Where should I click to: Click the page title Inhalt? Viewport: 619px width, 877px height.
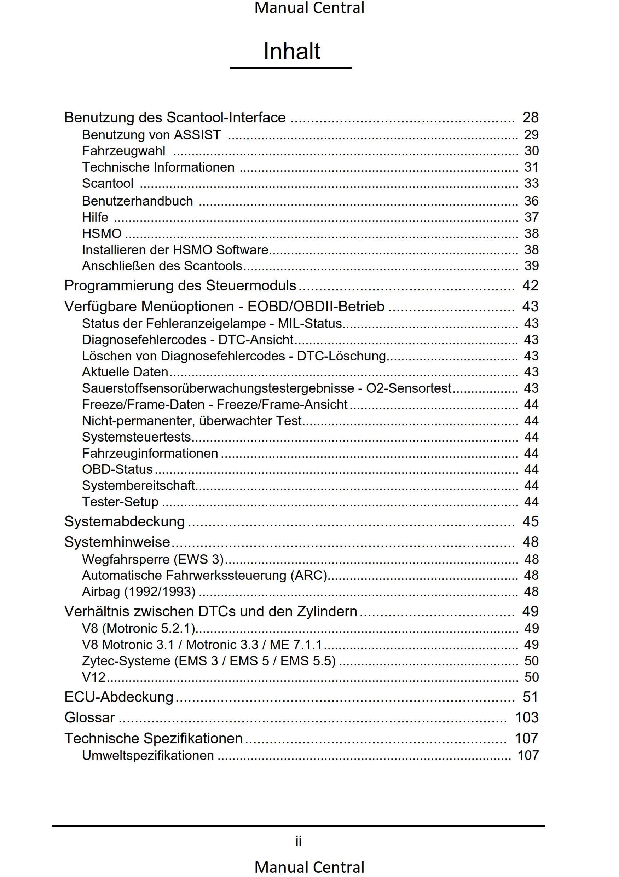[292, 51]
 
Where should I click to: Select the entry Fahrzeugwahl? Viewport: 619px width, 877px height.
[124, 151]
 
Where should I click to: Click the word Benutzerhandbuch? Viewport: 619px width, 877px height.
[138, 201]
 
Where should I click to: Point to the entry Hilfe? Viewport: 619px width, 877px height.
[95, 217]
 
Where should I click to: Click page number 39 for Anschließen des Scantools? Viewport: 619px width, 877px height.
[531, 266]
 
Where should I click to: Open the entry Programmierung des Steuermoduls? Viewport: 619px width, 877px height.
[180, 286]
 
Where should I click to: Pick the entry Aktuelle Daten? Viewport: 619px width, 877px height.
[125, 372]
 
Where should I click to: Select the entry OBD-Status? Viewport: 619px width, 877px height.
[117, 469]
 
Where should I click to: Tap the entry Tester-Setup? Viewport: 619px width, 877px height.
[120, 502]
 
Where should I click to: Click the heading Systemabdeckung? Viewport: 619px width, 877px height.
[125, 522]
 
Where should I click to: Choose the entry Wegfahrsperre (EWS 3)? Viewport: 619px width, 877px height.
[153, 560]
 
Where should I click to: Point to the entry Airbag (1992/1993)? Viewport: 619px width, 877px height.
[139, 592]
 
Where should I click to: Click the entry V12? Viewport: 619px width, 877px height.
[93, 677]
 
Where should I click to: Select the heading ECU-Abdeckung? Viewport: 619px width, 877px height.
[119, 697]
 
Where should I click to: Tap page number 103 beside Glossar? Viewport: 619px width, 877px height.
[527, 718]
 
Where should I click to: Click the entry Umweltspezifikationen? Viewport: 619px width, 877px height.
[148, 756]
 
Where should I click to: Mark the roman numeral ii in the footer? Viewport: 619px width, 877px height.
[299, 841]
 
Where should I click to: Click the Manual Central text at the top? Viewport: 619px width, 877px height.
[309, 8]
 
